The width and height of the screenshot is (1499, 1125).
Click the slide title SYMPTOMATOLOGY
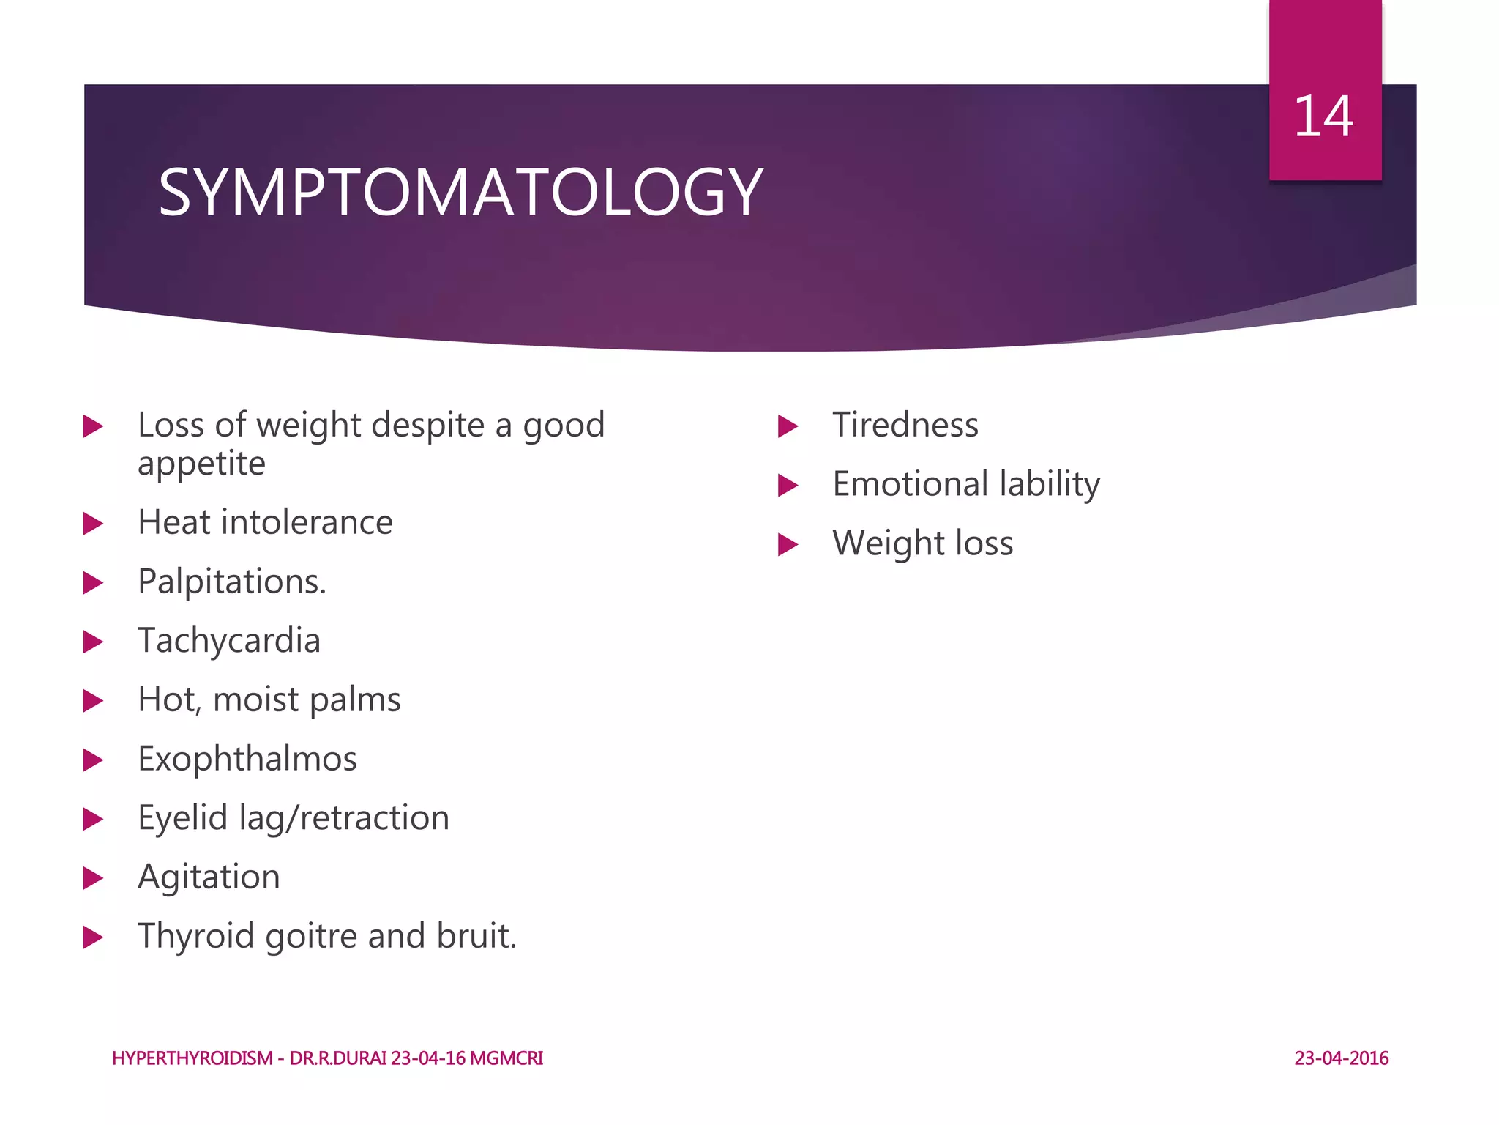tap(460, 192)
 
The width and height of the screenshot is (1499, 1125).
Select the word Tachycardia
tap(229, 641)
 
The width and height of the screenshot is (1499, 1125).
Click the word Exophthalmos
tap(247, 759)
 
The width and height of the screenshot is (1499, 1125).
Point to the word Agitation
tap(209, 877)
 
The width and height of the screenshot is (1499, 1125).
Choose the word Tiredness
tap(905, 426)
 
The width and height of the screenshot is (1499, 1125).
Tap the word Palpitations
tap(231, 582)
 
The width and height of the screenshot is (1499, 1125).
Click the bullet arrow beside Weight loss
tap(788, 544)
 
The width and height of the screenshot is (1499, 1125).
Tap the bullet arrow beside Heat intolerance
tap(93, 524)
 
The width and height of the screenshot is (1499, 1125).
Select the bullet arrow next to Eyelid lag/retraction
tap(93, 819)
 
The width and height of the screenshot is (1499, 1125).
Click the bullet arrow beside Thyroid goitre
tap(93, 937)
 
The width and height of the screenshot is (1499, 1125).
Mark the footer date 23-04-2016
tap(1342, 1058)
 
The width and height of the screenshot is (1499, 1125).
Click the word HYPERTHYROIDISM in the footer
tap(192, 1058)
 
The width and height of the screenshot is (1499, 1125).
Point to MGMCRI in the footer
tap(506, 1058)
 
